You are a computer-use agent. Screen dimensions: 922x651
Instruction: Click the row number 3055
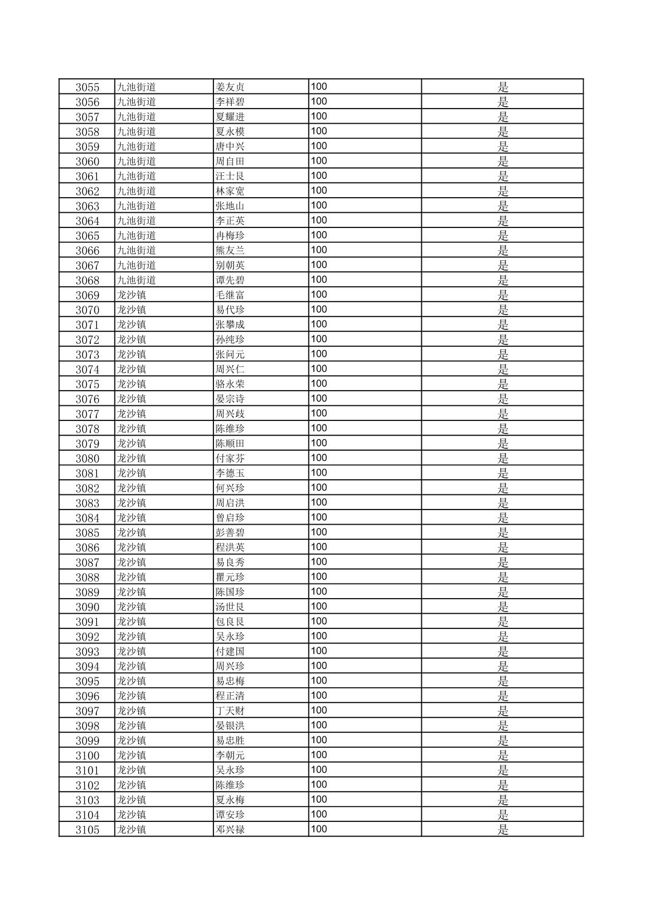click(x=87, y=87)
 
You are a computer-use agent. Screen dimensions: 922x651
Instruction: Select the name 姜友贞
click(x=230, y=87)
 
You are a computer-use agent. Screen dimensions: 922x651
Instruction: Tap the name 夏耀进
click(x=230, y=116)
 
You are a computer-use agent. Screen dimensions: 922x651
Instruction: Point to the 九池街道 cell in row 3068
click(x=136, y=280)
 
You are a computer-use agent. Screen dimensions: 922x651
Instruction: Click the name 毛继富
click(x=230, y=295)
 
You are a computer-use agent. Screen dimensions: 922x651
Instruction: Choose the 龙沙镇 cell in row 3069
click(x=132, y=295)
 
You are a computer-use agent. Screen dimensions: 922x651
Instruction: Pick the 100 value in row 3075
click(x=319, y=383)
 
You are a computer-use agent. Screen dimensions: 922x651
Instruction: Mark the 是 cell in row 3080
click(x=502, y=458)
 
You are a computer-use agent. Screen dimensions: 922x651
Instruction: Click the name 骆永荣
click(x=230, y=384)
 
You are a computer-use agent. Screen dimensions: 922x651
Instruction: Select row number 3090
click(x=87, y=607)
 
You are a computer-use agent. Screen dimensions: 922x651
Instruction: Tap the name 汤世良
click(x=230, y=607)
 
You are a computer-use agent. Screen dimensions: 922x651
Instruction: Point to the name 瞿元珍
click(x=230, y=577)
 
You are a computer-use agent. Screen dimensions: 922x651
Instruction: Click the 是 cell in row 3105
click(x=502, y=829)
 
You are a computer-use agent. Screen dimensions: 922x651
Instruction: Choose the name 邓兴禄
click(x=230, y=829)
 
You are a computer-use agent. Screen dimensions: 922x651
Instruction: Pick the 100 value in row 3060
click(x=319, y=161)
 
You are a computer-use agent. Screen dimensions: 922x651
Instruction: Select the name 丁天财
click(x=230, y=710)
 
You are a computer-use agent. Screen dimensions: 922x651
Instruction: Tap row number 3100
click(x=87, y=755)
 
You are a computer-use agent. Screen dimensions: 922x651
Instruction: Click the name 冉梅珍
click(x=230, y=235)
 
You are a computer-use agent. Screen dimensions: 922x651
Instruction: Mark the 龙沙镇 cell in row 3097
click(x=132, y=710)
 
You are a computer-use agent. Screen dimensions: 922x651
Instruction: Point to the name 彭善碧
click(x=230, y=533)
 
